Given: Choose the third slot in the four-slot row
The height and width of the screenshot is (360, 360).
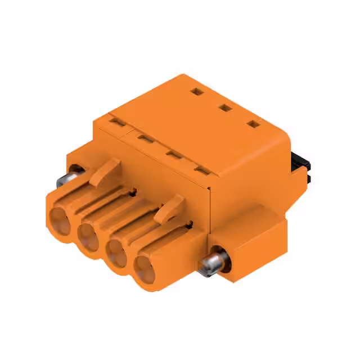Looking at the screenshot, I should pyautogui.click(x=173, y=153).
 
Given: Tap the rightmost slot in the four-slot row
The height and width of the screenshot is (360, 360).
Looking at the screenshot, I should pyautogui.click(x=200, y=169).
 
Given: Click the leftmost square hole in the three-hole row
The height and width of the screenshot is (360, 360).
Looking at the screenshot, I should pyautogui.click(x=195, y=91).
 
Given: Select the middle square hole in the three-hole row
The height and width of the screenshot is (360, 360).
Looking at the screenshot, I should pyautogui.click(x=224, y=107).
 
